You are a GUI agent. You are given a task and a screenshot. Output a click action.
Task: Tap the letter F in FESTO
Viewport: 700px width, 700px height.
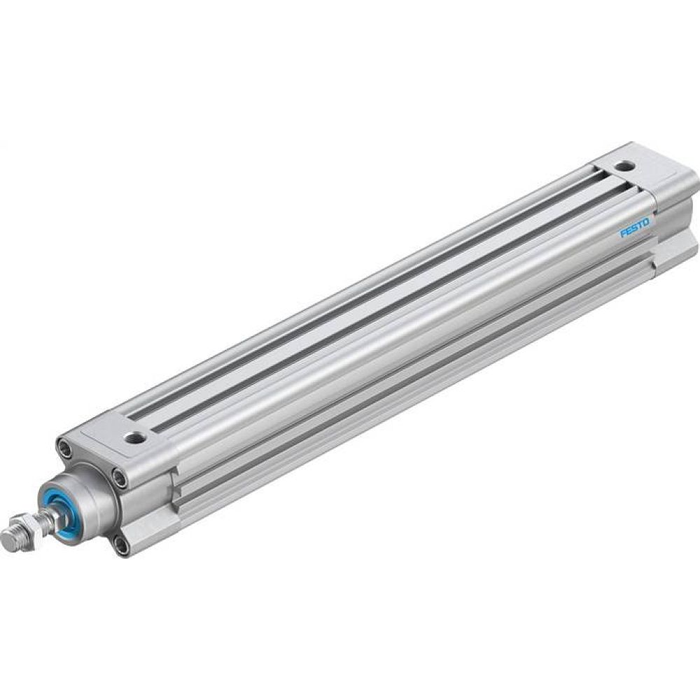pos(622,235)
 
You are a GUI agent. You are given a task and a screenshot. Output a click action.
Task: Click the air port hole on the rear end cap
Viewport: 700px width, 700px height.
pos(624,167)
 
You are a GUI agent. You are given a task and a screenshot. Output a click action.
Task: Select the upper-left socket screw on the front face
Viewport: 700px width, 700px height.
pos(64,446)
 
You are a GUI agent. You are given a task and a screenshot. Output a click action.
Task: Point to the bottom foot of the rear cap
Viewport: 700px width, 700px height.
pos(675,248)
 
